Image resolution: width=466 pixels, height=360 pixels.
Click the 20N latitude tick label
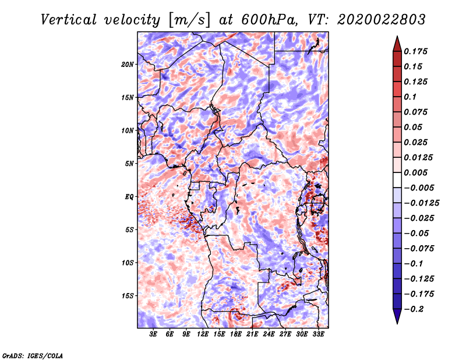128,64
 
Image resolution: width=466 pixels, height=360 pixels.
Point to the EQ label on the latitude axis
129,197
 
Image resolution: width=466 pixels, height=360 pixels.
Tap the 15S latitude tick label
128,296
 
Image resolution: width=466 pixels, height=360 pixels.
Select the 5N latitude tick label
129,164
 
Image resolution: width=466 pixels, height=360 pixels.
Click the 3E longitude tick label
154,334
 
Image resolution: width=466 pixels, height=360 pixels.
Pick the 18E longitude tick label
236,334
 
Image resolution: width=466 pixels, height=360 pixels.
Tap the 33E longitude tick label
318,334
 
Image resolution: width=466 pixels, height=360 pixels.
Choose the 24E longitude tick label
269,334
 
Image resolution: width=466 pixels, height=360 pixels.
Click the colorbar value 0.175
418,51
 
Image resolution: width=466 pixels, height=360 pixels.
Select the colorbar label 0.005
418,172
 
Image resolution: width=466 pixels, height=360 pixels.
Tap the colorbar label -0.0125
422,203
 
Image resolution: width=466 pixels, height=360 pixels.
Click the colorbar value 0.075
418,112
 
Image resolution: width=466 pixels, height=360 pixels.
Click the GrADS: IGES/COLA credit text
33,355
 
